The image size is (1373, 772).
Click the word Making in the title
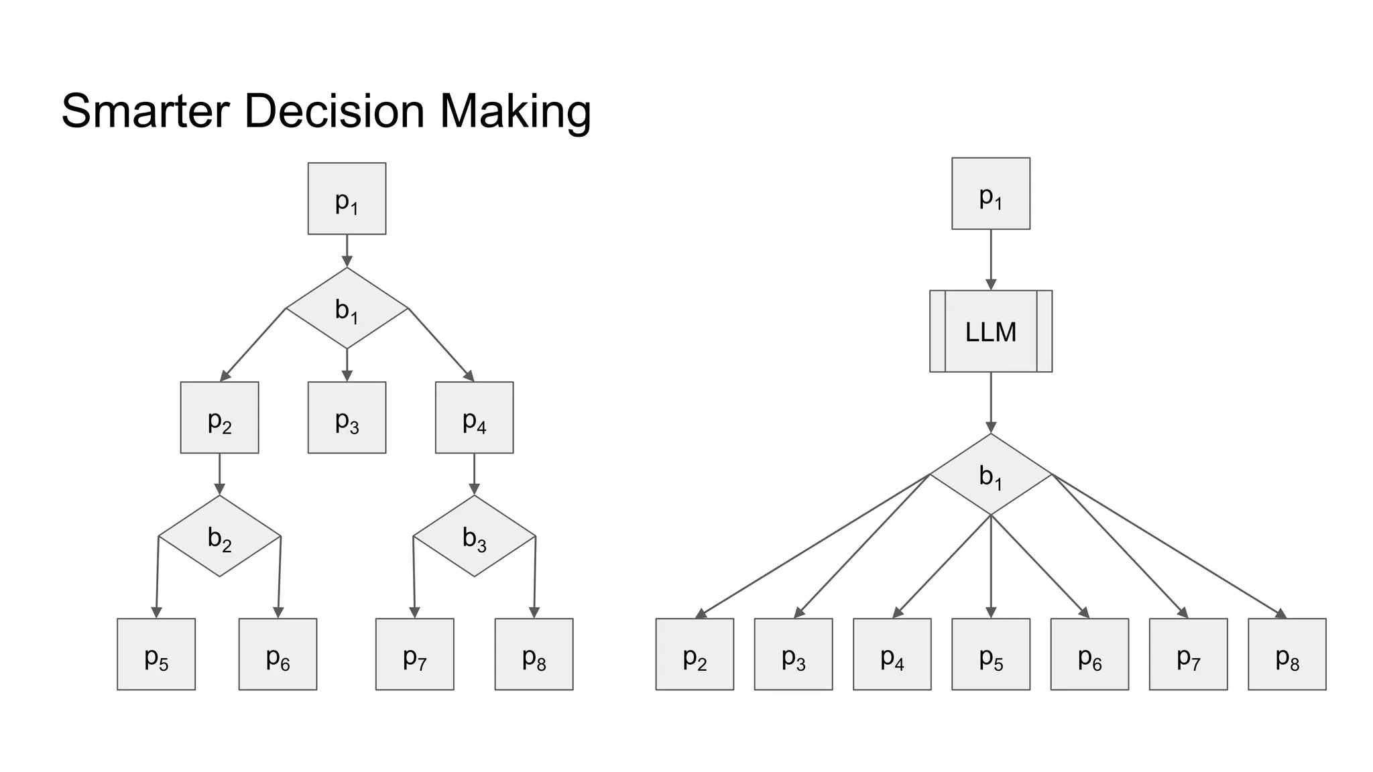(515, 111)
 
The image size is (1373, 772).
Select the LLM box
(990, 331)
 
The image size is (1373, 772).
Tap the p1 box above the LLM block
(990, 194)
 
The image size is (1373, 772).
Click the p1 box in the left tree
(347, 198)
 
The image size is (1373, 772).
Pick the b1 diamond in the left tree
(347, 308)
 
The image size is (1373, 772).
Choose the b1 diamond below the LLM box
(990, 474)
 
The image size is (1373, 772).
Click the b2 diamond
(219, 536)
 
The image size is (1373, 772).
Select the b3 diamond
(474, 536)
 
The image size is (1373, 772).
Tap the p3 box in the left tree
(347, 417)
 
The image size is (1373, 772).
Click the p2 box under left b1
(219, 417)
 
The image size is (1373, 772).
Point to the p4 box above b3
(474, 417)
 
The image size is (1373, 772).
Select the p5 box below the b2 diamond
(156, 654)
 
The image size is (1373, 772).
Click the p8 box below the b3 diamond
(534, 654)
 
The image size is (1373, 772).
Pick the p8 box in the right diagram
(1287, 654)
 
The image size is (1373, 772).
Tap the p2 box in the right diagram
(695, 654)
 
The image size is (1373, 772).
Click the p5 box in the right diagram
(990, 654)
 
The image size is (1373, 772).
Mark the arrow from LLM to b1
(991, 402)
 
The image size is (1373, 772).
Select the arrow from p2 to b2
(219, 474)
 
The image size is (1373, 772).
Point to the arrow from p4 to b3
(474, 474)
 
